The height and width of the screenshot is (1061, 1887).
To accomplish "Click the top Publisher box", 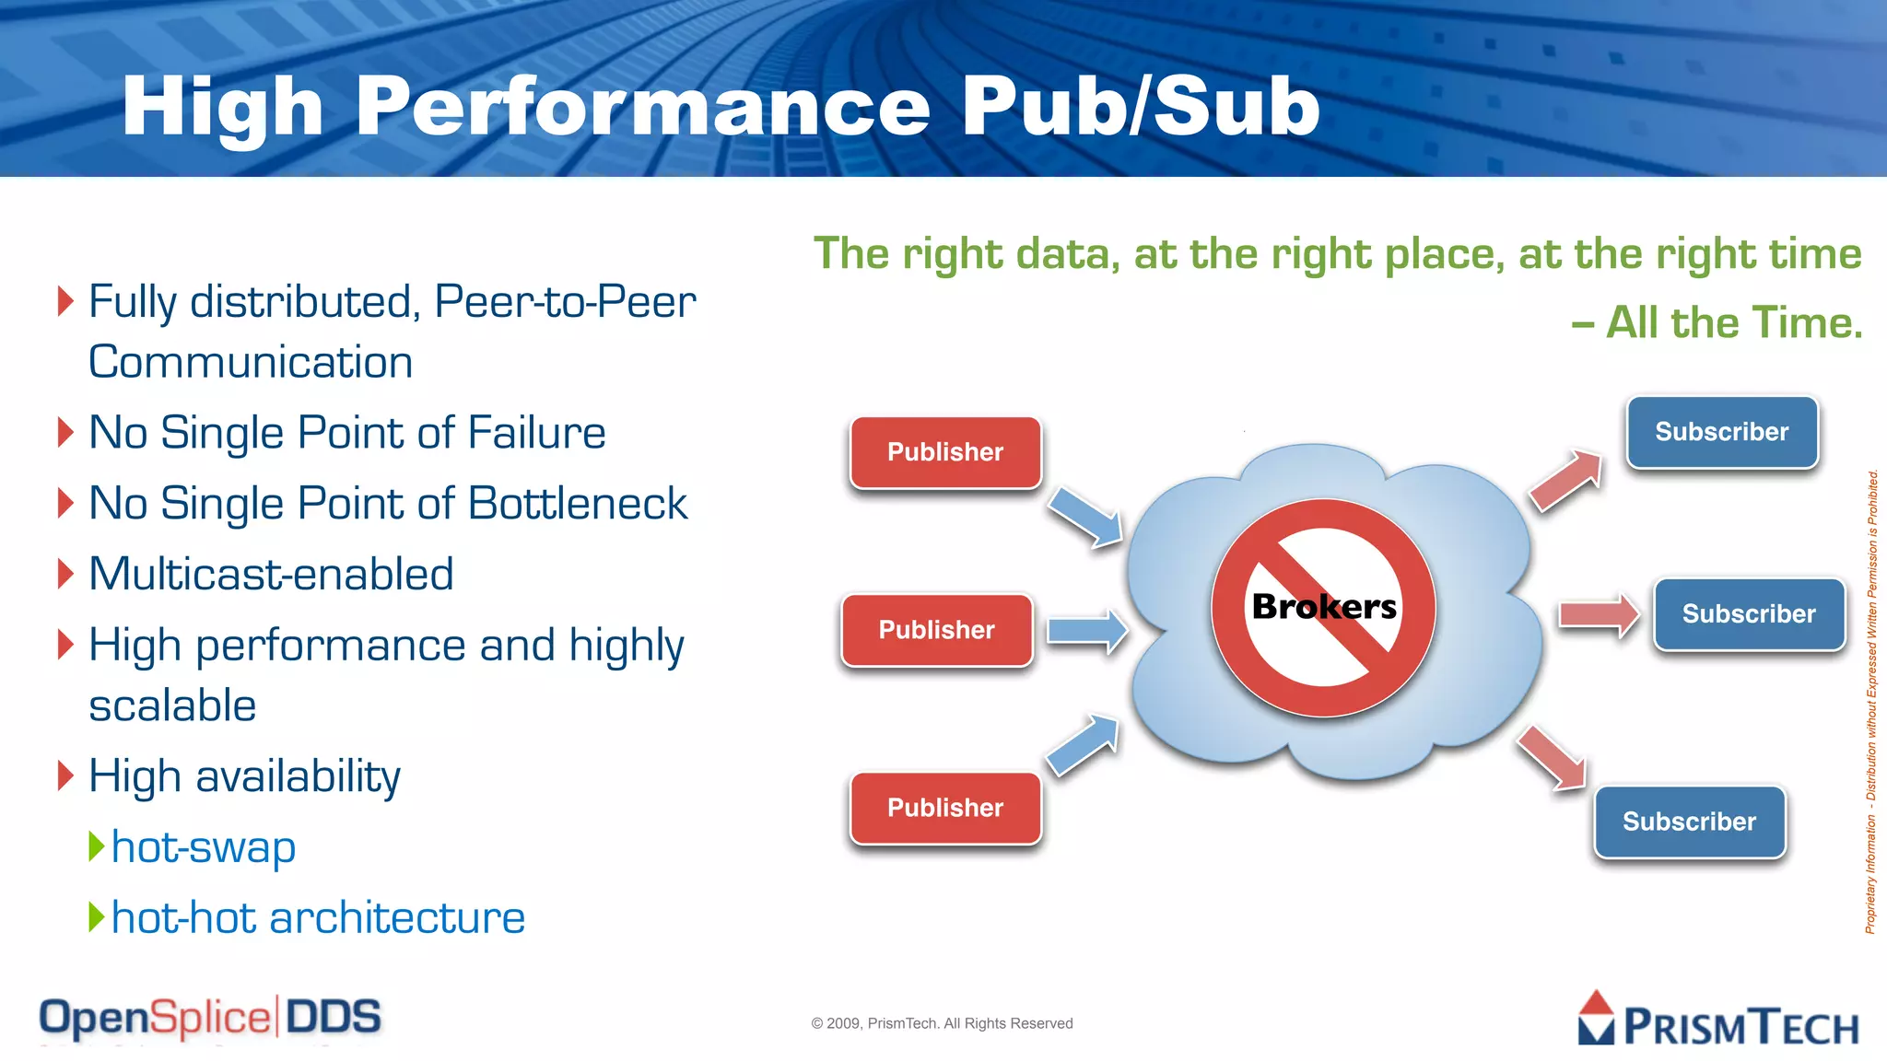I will (945, 452).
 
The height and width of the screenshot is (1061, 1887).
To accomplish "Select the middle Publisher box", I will (936, 630).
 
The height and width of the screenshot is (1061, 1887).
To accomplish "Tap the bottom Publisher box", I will (945, 808).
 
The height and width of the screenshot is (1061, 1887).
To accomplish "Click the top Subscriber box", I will (1721, 432).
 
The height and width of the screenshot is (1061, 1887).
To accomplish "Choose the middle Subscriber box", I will (1748, 614).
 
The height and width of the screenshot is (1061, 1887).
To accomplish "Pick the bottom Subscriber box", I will (1689, 822).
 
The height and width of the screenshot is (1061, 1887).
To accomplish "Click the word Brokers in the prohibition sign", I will (1324, 607).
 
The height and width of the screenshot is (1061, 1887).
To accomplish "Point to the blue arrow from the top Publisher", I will (1085, 516).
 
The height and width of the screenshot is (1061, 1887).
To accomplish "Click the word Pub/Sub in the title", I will (1141, 107).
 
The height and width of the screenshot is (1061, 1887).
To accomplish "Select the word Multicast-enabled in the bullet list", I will (271, 574).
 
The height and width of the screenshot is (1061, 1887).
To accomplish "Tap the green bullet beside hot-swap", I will (96, 845).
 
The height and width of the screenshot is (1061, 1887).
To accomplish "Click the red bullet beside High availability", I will (64, 775).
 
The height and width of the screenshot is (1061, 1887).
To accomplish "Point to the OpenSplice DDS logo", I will (210, 1018).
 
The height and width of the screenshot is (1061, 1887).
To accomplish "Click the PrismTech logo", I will (1718, 1020).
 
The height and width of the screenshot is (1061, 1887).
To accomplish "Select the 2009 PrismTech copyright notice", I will (942, 1023).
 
